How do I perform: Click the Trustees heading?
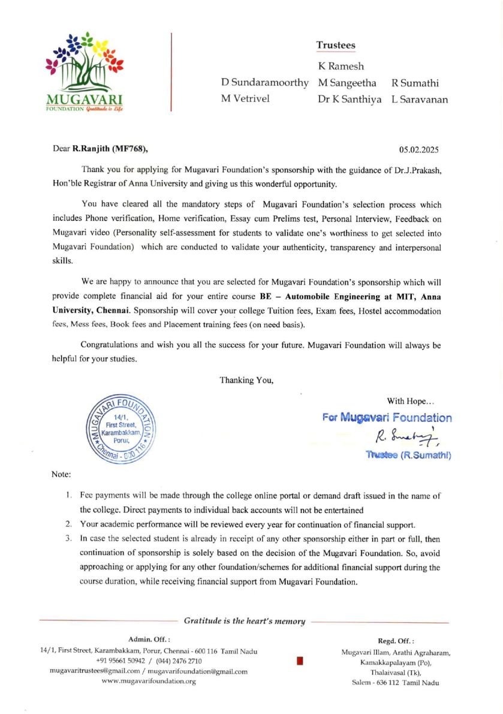pyautogui.click(x=336, y=45)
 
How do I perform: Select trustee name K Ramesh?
pyautogui.click(x=341, y=66)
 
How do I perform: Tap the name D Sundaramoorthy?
pyautogui.click(x=265, y=83)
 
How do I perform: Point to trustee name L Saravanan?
pyautogui.click(x=420, y=100)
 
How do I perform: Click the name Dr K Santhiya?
pyautogui.click(x=350, y=100)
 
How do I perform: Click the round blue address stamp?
pyautogui.click(x=121, y=428)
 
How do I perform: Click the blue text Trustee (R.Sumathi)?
pyautogui.click(x=408, y=455)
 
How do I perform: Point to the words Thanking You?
pyautogui.click(x=247, y=380)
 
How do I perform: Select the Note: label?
pyautogui.click(x=61, y=474)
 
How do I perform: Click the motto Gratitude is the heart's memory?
pyautogui.click(x=245, y=621)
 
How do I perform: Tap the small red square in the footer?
pyautogui.click(x=300, y=661)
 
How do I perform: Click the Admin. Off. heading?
pyautogui.click(x=149, y=640)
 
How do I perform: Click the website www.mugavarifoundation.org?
pyautogui.click(x=149, y=681)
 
